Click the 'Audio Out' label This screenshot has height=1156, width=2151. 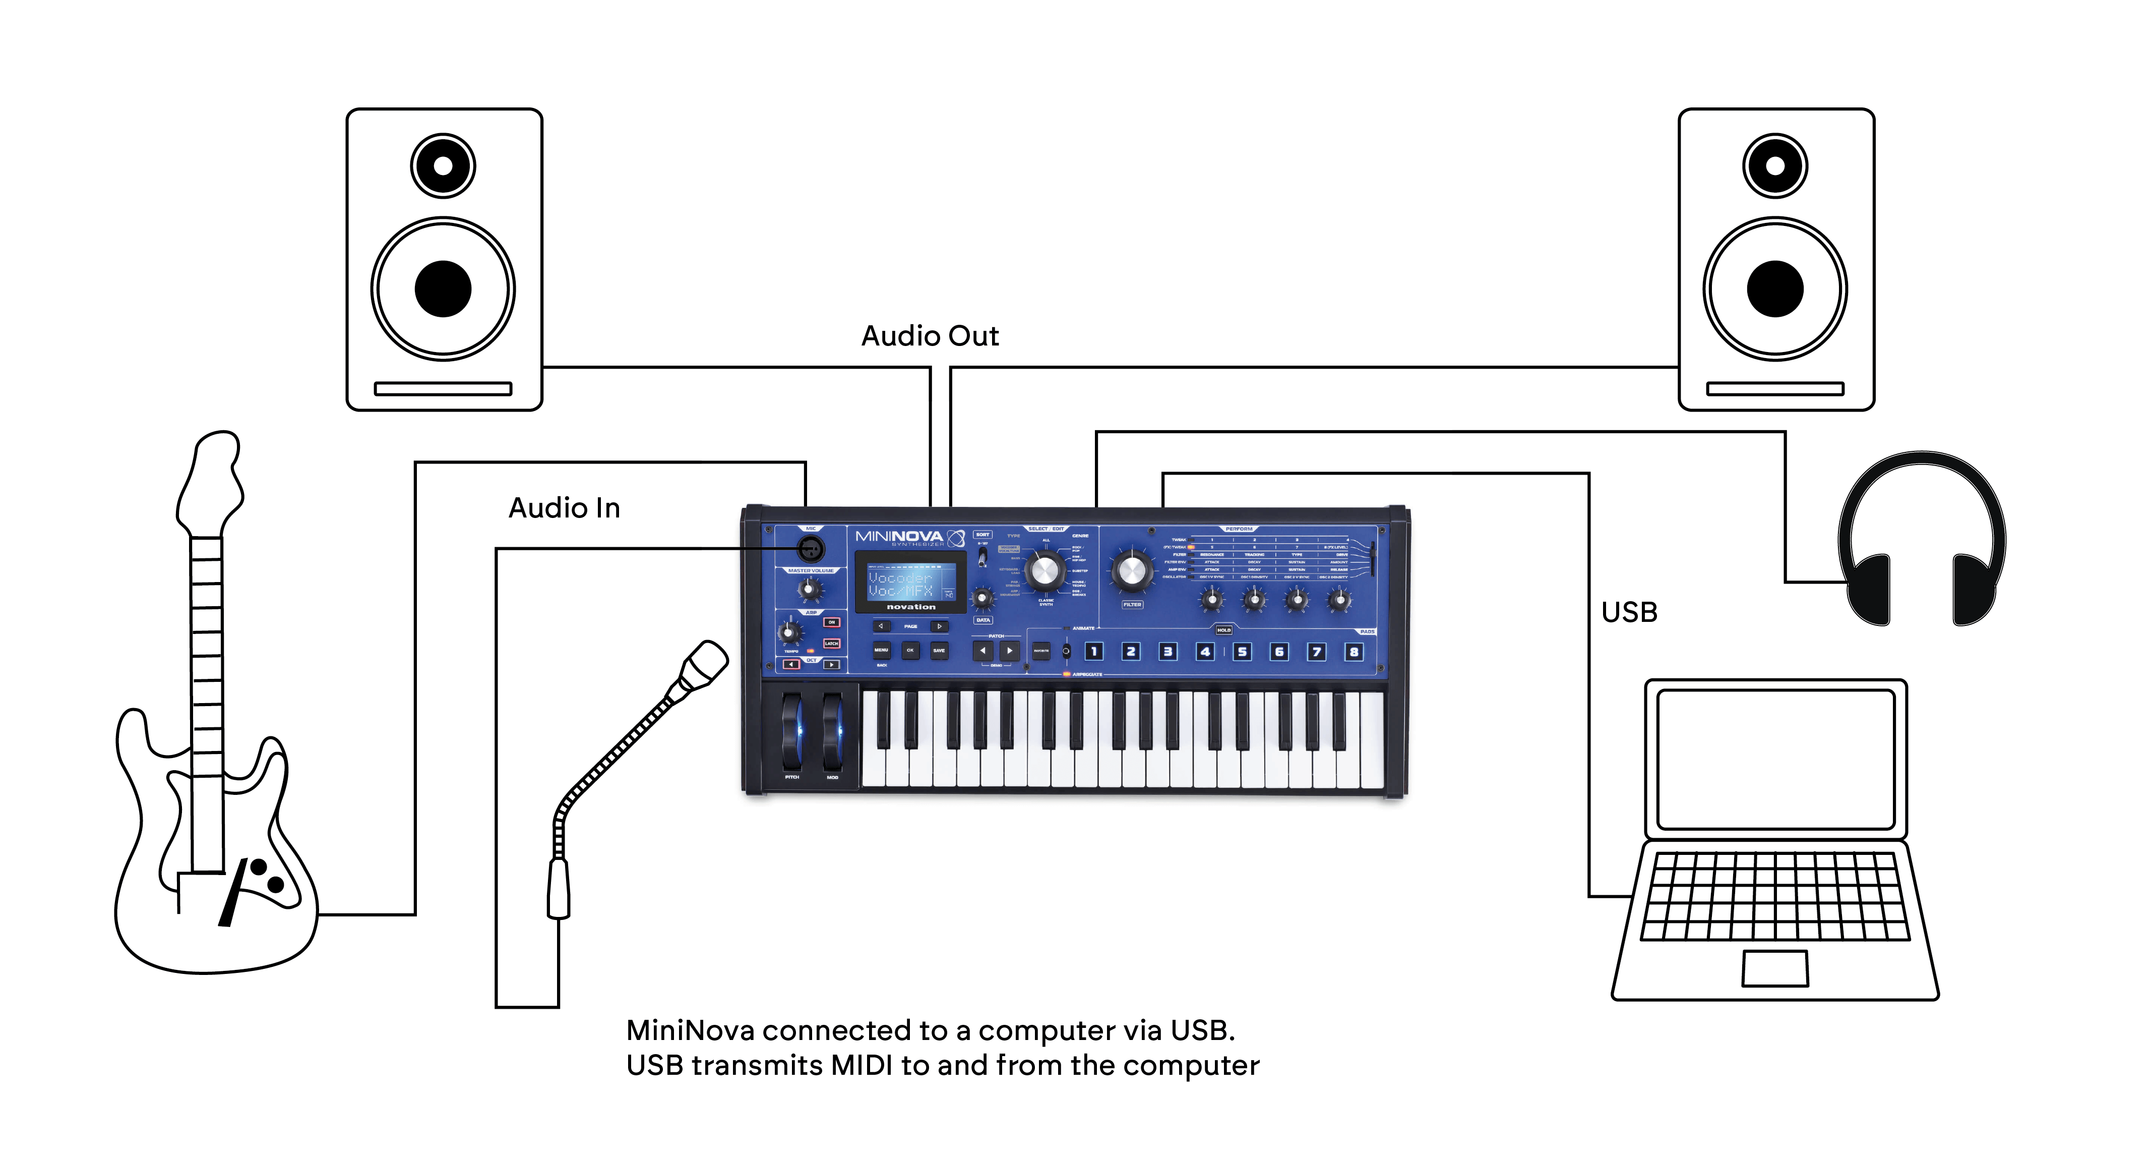pyautogui.click(x=930, y=336)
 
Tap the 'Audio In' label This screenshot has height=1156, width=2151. pyautogui.click(x=565, y=508)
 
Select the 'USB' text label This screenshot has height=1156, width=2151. pyautogui.click(x=1629, y=612)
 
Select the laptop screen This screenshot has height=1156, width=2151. pyautogui.click(x=1775, y=759)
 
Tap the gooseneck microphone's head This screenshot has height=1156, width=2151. pyautogui.click(x=703, y=665)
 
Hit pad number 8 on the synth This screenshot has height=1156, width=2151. pyautogui.click(x=1354, y=652)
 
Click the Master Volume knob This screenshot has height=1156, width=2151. pyautogui.click(x=809, y=589)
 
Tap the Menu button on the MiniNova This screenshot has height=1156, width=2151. pyautogui.click(x=881, y=650)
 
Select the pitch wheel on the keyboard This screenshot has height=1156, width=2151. pyautogui.click(x=791, y=732)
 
